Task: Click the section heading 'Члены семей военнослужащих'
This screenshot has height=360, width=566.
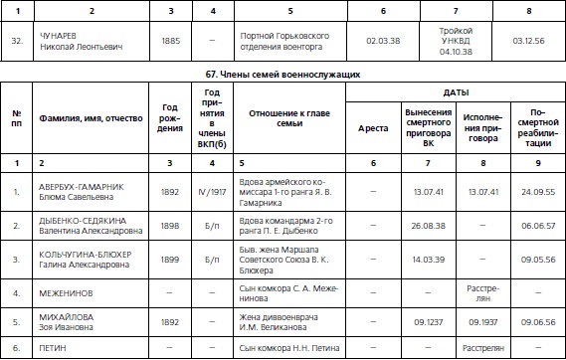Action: pos(283,75)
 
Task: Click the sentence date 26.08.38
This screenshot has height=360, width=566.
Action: pos(428,225)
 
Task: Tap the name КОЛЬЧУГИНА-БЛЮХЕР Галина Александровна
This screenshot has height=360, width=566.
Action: pos(88,259)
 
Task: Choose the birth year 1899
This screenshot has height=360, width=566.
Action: pos(170,259)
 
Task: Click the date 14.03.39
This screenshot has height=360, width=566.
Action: pos(428,259)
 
